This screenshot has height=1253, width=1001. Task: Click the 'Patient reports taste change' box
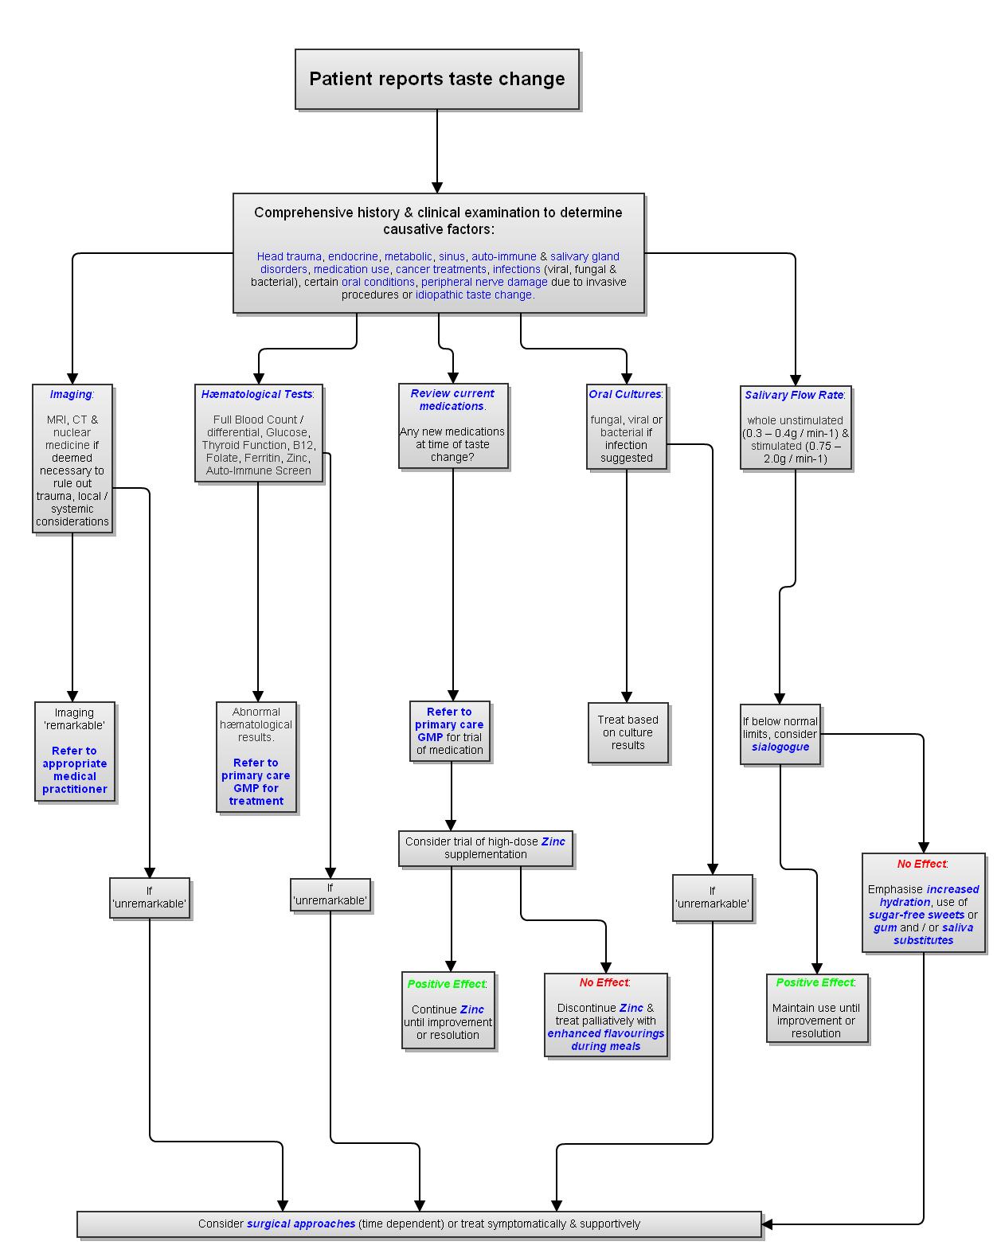point(436,79)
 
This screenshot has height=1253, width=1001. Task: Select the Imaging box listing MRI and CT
point(72,459)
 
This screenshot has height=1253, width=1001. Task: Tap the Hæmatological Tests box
point(258,432)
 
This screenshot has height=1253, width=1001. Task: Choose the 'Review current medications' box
point(452,426)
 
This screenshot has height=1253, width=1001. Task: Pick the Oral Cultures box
point(626,427)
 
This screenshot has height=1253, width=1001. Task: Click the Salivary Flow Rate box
point(796,427)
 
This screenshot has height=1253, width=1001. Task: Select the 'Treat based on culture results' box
point(628,732)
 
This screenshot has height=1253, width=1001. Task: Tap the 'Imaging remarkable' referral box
point(75,751)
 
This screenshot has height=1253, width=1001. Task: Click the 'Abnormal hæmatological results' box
point(256,756)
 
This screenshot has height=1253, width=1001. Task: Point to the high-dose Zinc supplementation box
point(486,848)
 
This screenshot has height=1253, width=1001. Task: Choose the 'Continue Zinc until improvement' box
point(448,1009)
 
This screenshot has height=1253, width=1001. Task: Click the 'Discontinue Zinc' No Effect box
point(606,1015)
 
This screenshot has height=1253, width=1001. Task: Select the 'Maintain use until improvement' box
point(816,1008)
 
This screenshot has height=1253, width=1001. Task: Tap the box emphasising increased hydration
point(923,903)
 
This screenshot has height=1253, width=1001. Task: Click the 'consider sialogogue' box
point(780,734)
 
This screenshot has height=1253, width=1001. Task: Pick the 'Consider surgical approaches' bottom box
point(419,1224)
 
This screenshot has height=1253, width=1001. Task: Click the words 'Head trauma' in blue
point(289,256)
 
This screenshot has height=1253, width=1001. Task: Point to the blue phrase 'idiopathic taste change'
point(474,295)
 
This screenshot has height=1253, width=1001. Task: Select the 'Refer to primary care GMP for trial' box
point(449,731)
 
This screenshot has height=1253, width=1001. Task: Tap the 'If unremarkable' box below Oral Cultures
point(712,897)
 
